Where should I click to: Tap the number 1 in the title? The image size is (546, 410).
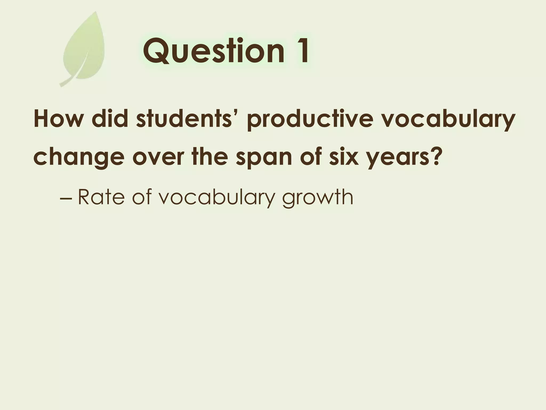(x=301, y=51)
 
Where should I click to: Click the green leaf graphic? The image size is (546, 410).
(x=85, y=48)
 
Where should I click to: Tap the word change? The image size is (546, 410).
(x=79, y=157)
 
